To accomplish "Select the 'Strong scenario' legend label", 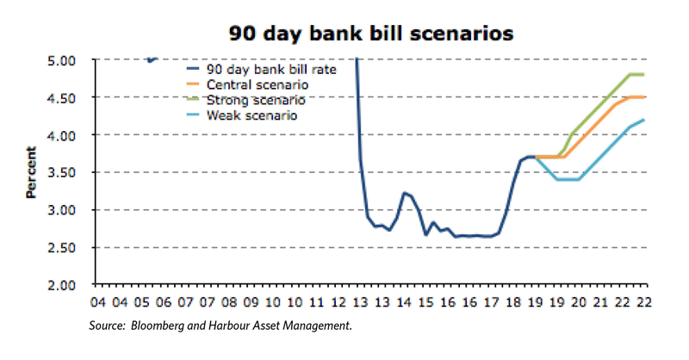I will [257, 100].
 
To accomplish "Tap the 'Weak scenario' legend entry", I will [253, 115].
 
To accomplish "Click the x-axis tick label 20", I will [578, 302].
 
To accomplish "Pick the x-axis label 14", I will [403, 302].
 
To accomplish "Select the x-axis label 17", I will [491, 302].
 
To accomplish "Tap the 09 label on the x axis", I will [251, 302].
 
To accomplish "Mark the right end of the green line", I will [643, 75].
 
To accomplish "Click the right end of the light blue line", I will [643, 121].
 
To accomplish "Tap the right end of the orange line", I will [643, 97].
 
